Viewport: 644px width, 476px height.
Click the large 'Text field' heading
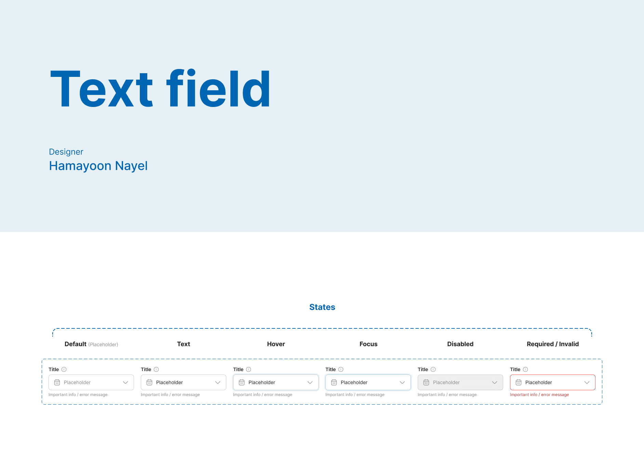(x=160, y=88)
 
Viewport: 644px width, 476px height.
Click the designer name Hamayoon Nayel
(x=98, y=166)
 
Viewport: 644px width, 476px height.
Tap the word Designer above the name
(x=66, y=152)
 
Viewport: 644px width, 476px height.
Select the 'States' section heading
(x=322, y=307)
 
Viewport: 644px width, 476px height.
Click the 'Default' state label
(x=76, y=344)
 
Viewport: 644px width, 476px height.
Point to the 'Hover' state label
(x=276, y=344)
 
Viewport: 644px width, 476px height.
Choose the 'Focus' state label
(x=368, y=344)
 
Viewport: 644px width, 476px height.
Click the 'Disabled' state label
(x=460, y=344)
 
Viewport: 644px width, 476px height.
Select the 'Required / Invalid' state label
(x=553, y=344)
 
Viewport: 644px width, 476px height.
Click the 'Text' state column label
(x=184, y=344)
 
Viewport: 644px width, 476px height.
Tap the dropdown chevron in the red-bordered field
(x=587, y=382)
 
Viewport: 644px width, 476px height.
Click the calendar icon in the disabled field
(x=426, y=382)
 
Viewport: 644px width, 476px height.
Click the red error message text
(x=539, y=395)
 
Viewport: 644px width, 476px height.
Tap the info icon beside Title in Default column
(x=64, y=369)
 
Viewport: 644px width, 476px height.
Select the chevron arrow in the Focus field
(x=402, y=382)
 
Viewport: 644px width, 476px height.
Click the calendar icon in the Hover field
(x=242, y=382)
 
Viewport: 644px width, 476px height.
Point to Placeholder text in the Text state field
(x=170, y=382)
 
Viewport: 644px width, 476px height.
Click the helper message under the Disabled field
(x=447, y=395)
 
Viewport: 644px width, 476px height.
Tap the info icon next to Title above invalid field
(x=525, y=369)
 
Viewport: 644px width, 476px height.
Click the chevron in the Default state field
(x=125, y=382)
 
